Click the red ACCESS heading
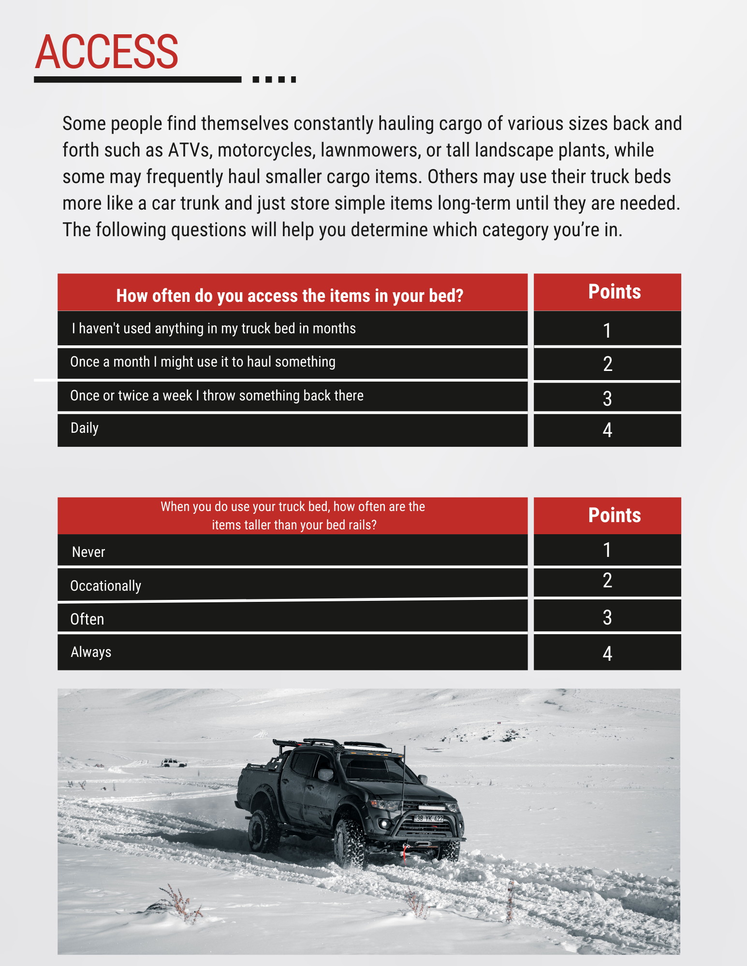pos(107,52)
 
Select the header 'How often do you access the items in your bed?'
pos(290,296)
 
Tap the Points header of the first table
pos(614,292)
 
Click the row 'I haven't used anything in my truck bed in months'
pos(213,328)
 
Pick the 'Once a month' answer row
pos(203,362)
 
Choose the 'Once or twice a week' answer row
pos(217,396)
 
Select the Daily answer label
pos(85,428)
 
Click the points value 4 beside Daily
pos(607,430)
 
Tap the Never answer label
pos(88,552)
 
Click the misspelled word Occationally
pos(105,586)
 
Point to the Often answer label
pos(87,619)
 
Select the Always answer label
pos(91,652)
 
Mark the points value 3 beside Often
pos(607,617)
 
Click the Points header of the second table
pos(614,515)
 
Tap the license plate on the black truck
pos(429,818)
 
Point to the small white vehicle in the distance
pos(173,763)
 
